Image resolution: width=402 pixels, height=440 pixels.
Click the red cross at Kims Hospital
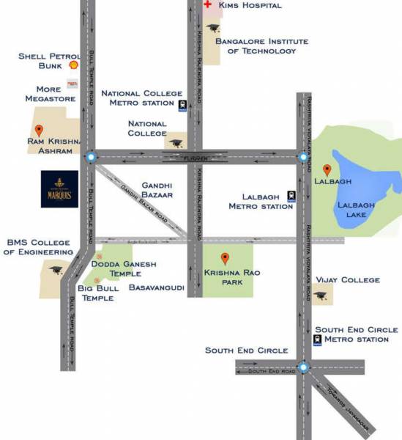(207, 5)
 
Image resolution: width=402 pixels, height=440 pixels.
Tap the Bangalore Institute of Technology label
(256, 46)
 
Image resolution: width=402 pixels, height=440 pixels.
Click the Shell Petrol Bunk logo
(73, 65)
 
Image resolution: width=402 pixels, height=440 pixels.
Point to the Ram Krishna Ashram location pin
(39, 131)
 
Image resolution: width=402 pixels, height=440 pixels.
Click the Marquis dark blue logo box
(59, 189)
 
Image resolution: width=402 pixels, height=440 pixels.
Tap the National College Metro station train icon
(181, 105)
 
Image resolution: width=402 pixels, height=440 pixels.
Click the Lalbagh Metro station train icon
(291, 196)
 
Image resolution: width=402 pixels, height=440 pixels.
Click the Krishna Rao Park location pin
(226, 258)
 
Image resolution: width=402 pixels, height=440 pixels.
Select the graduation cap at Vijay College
(321, 296)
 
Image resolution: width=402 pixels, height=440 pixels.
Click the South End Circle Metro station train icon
(317, 340)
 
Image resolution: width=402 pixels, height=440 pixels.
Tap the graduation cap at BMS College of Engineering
(56, 271)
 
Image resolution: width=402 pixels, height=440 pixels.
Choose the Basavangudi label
(156, 288)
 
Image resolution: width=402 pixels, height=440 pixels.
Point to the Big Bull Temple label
(99, 293)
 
